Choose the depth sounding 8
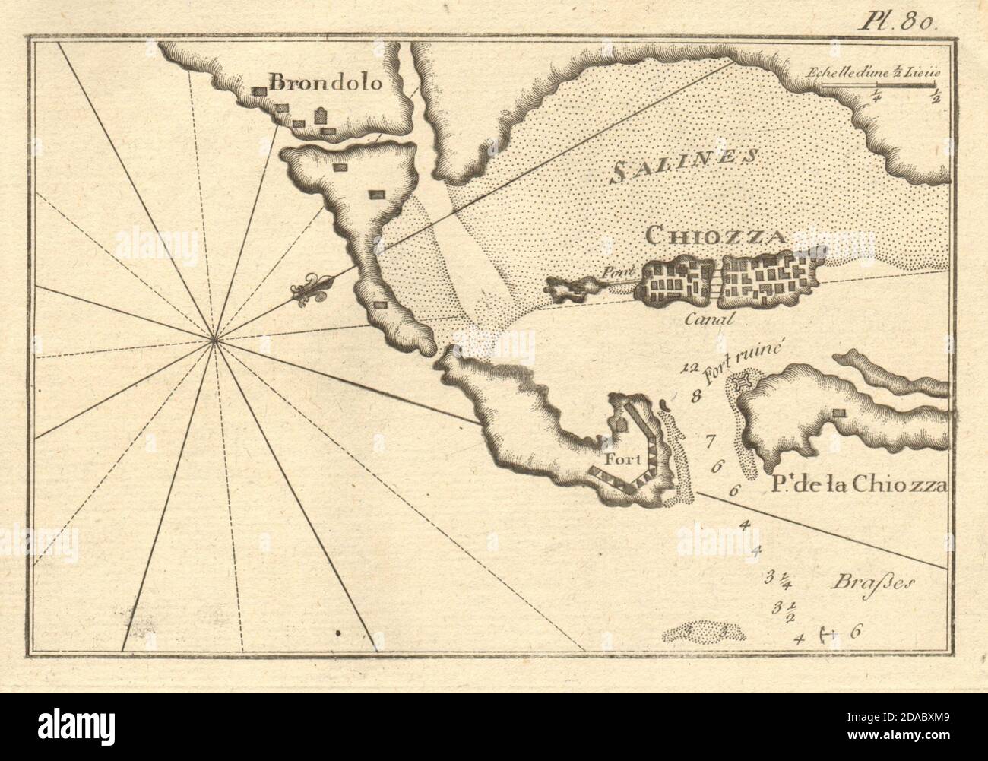point(694,395)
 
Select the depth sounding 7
point(710,439)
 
